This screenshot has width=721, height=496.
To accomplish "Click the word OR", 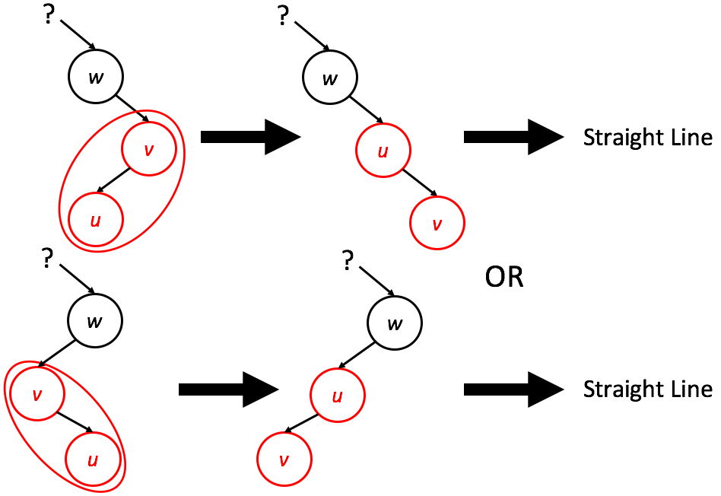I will coord(505,278).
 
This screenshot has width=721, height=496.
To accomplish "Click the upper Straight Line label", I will coord(647,138).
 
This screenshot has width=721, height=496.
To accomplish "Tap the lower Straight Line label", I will coord(647,389).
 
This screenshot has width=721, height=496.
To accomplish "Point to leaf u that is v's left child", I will coord(95,220).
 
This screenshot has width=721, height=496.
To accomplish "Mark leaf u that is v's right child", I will coord(92,460).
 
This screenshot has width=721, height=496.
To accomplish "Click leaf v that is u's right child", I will coord(437,224).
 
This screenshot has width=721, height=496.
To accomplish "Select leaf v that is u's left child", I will coord(284,459).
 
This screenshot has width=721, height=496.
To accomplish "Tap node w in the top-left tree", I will coord(95,78).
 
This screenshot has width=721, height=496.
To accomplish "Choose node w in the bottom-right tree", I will coord(395,323).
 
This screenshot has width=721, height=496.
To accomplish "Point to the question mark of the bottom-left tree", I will coord(47,261).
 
